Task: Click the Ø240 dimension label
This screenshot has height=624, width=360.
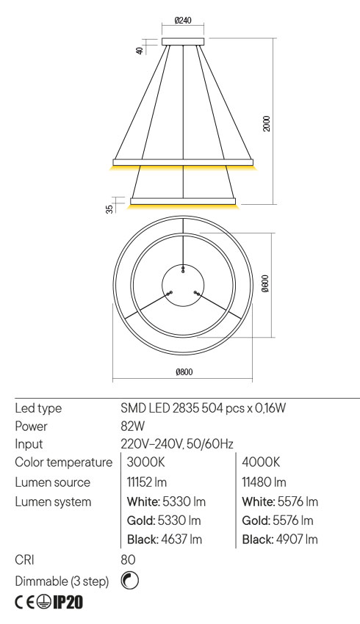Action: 184,20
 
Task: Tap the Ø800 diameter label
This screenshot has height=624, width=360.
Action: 184,373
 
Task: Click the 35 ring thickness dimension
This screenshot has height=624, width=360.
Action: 109,208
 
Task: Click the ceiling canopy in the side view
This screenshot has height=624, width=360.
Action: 184,41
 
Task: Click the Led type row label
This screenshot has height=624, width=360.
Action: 37,407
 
